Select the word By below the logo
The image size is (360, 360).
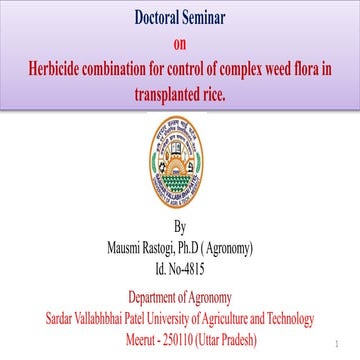point(180,227)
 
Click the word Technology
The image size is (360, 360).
point(285,318)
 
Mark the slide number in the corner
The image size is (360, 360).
point(342,341)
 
